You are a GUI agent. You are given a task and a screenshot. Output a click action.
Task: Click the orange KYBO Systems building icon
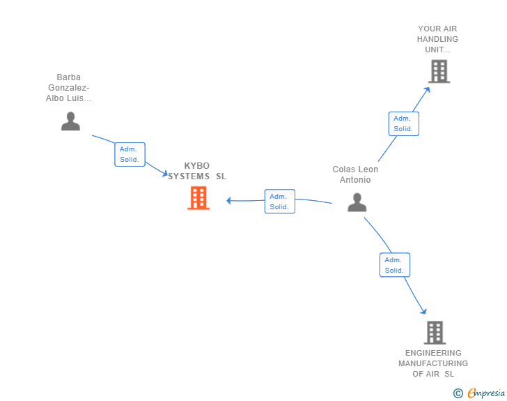(x=198, y=198)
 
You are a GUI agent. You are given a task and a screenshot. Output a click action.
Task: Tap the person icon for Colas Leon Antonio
(x=357, y=202)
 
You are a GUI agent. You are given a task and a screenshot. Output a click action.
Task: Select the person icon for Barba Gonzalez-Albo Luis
(x=70, y=121)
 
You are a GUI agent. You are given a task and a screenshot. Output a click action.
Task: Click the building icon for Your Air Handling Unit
(x=439, y=71)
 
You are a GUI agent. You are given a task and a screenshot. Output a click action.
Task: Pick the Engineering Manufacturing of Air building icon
(x=435, y=333)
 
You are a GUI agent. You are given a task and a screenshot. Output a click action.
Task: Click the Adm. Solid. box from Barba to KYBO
(x=130, y=154)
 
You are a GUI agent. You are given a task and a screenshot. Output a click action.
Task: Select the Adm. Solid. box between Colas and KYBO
(x=279, y=202)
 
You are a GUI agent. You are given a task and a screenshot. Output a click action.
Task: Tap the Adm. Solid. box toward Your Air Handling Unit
(x=403, y=123)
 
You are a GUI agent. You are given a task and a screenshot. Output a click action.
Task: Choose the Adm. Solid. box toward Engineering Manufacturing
(x=394, y=265)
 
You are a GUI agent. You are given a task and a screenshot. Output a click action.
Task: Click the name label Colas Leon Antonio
(x=355, y=174)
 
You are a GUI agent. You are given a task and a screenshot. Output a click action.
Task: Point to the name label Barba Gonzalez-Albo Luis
(x=69, y=88)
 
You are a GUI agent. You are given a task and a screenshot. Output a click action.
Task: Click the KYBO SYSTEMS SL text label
(x=197, y=171)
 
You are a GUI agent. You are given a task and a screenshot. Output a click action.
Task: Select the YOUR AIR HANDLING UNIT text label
(x=438, y=39)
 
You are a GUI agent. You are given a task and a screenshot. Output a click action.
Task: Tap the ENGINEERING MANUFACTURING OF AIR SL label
(x=433, y=363)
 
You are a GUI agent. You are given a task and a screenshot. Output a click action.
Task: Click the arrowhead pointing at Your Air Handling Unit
(x=427, y=88)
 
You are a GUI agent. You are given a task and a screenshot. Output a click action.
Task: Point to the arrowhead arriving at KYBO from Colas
(x=229, y=201)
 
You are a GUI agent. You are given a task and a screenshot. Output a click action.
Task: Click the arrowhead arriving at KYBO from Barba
(x=164, y=174)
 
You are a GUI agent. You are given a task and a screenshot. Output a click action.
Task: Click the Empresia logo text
(x=486, y=393)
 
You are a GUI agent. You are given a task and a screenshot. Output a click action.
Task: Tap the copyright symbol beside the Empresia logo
(x=458, y=393)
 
